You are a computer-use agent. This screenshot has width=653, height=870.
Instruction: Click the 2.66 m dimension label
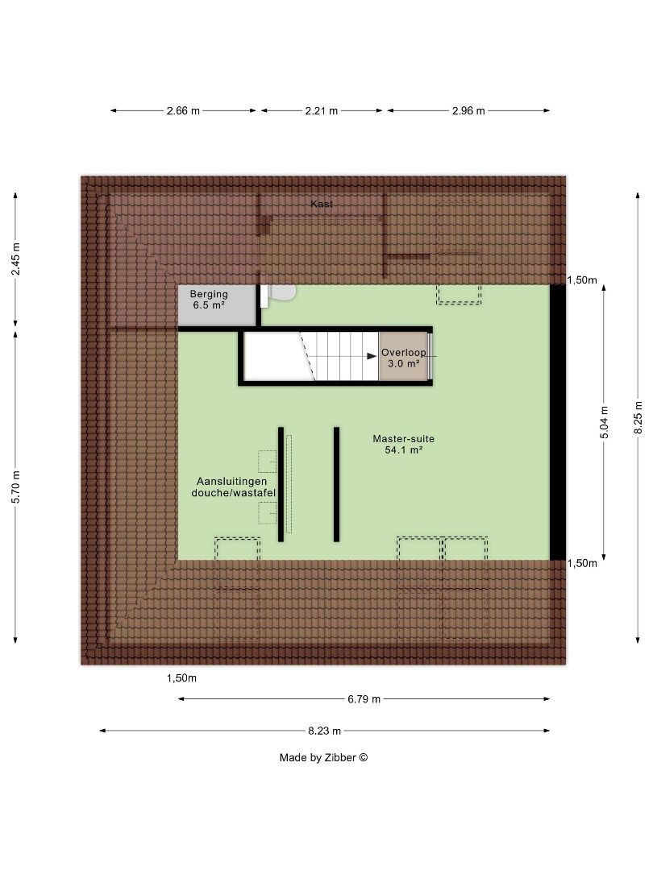tap(183, 111)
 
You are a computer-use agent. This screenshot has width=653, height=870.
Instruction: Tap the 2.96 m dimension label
tap(468, 111)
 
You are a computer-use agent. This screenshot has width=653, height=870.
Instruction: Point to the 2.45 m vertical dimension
tap(15, 259)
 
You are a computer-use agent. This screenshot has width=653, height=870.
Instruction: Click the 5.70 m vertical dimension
tap(15, 486)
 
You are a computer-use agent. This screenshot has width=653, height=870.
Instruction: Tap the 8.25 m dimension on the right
tap(637, 418)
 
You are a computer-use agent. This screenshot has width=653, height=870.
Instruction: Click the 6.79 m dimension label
tap(364, 699)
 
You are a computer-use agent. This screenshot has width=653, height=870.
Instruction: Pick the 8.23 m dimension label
tap(325, 731)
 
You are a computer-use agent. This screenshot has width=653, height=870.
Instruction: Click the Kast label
tap(322, 205)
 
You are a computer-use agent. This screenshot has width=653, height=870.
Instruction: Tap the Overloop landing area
tap(403, 357)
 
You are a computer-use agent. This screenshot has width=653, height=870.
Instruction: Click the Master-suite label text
tap(403, 439)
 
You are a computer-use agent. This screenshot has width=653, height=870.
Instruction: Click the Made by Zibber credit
tap(323, 757)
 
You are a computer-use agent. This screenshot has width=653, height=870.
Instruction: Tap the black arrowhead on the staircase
tap(372, 355)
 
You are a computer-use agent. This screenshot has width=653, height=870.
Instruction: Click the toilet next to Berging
tap(281, 293)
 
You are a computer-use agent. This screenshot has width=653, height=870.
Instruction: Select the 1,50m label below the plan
tap(181, 678)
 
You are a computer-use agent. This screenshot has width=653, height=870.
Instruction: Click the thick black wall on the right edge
tap(558, 422)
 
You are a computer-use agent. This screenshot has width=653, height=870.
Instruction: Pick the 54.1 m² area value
tap(404, 451)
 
